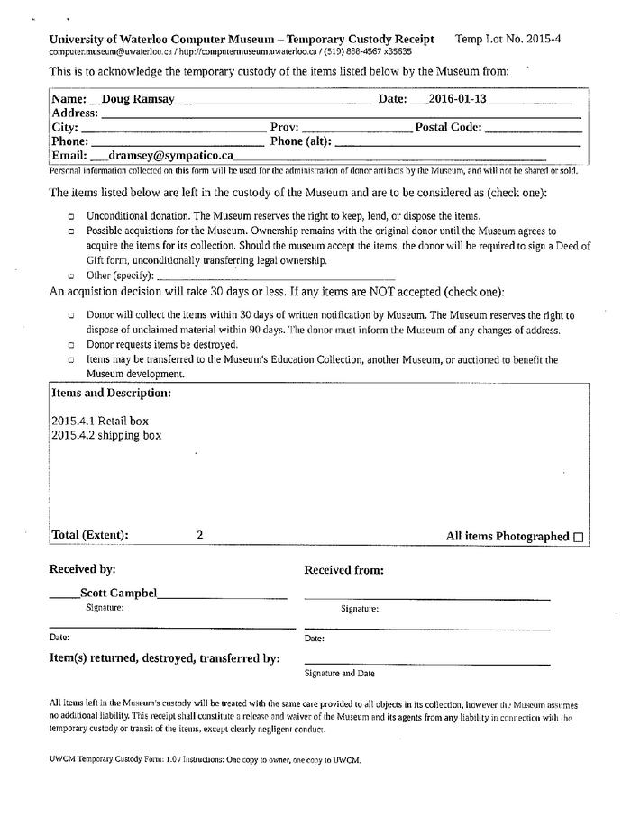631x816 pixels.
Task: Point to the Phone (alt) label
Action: pos(300,141)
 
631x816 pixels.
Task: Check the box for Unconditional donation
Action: pos(71,217)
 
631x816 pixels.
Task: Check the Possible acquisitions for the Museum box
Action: pos(71,231)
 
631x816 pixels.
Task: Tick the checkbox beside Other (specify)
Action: pos(71,276)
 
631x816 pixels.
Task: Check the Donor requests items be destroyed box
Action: pos(71,345)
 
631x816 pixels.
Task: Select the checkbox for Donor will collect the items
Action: pos(71,316)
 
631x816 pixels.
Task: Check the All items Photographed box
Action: pos(578,537)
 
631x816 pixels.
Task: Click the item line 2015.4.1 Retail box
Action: pos(100,421)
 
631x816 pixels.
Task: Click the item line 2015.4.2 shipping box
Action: pos(106,435)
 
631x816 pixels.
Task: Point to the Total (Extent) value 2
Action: pos(199,535)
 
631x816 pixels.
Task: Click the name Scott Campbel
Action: pos(118,593)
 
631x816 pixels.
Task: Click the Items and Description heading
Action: pos(111,394)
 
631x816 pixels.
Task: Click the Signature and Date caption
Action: pos(339,673)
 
